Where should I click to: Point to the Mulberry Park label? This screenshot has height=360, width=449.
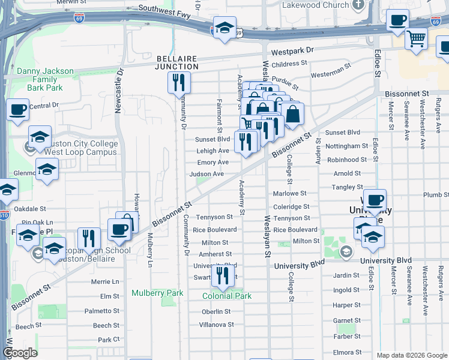[x=157, y=293]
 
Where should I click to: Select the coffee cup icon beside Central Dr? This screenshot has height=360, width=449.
[x=18, y=110]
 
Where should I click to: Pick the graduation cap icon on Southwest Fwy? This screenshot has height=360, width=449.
[x=224, y=28]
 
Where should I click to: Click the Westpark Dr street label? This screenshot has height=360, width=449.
[x=292, y=52]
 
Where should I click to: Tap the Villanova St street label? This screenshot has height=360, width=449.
[x=217, y=325]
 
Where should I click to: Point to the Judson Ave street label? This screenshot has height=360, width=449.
[x=206, y=174]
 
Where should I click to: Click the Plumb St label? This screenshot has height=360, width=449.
[x=435, y=195]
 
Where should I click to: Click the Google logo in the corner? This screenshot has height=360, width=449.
[x=20, y=353]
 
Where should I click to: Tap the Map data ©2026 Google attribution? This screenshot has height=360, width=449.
[x=411, y=355]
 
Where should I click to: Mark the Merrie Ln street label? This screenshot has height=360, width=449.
[x=105, y=281]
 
